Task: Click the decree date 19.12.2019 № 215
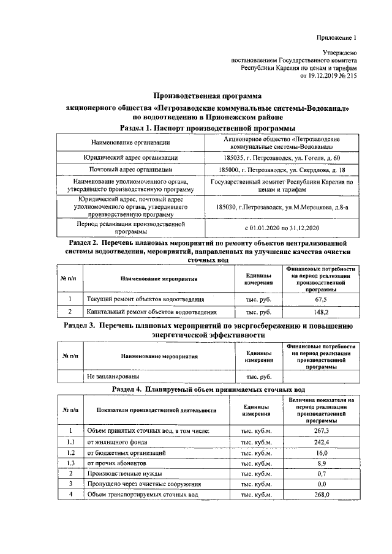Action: pos(328,77)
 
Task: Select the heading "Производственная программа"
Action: pos(206,96)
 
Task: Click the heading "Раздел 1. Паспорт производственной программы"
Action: pos(206,128)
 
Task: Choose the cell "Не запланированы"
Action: pos(113,376)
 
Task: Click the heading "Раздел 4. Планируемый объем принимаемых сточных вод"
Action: pos(206,389)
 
